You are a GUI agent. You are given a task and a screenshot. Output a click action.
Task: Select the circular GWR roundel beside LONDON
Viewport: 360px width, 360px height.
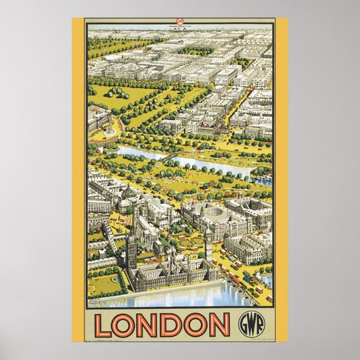pos(248,324)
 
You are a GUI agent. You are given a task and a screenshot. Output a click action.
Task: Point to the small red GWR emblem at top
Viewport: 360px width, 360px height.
pos(180,23)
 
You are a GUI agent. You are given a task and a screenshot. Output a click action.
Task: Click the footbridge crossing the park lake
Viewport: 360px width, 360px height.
pos(168,157)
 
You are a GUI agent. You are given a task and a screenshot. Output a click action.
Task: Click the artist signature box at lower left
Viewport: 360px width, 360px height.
pos(97,302)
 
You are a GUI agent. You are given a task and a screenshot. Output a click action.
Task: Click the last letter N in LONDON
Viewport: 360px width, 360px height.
pos(219,325)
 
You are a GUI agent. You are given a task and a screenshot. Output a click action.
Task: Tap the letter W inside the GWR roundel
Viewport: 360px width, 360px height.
pos(248,324)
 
